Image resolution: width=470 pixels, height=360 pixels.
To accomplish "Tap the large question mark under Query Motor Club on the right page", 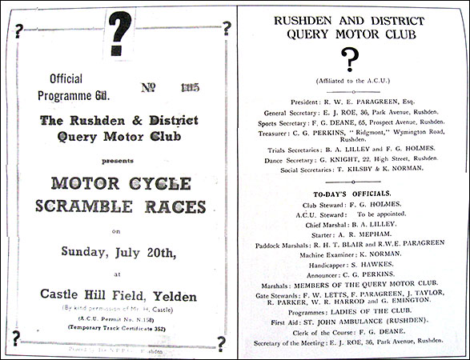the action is [349, 59].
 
